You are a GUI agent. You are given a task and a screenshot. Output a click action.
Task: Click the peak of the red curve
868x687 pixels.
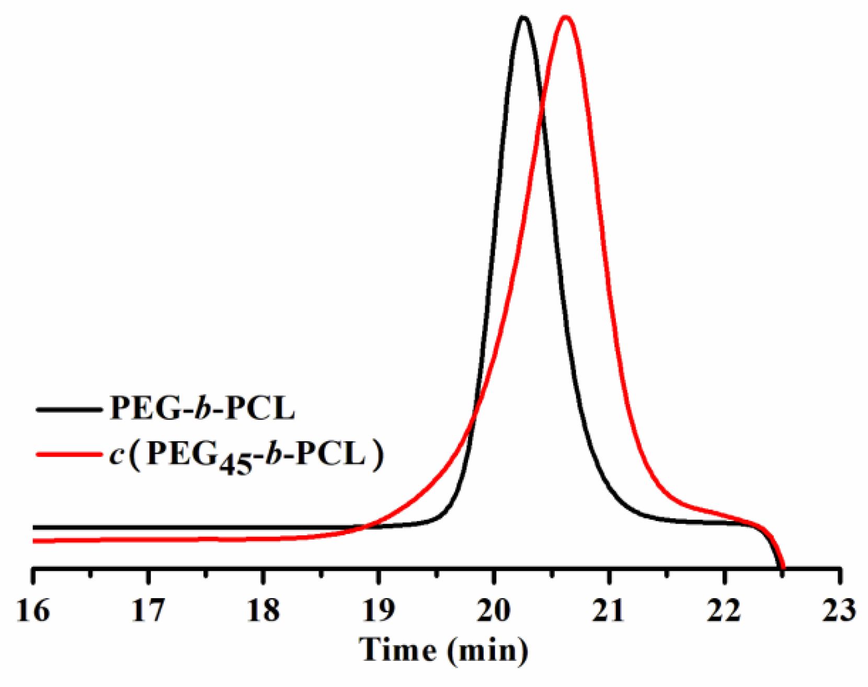click(x=565, y=17)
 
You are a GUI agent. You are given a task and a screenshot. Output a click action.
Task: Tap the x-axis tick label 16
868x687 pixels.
click(x=33, y=610)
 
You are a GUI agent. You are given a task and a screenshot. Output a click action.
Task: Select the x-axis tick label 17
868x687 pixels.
click(x=149, y=610)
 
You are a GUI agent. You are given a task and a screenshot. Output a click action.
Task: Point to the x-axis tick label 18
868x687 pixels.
click(x=264, y=610)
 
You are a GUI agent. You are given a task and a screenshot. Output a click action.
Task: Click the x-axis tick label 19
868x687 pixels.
click(x=379, y=610)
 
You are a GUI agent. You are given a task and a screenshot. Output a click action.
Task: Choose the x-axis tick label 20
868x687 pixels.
click(x=494, y=610)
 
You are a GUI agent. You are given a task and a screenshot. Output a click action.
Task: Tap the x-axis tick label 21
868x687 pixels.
click(x=609, y=610)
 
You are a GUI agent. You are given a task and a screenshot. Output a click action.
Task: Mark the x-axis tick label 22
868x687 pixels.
click(x=724, y=610)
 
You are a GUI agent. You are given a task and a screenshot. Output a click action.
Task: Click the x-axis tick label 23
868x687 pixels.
click(x=839, y=610)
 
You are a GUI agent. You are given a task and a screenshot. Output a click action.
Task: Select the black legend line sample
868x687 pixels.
click(x=68, y=409)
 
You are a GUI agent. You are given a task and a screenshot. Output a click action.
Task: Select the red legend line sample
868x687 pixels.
click(x=68, y=454)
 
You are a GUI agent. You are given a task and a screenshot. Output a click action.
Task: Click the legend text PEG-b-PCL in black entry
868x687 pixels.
click(x=202, y=408)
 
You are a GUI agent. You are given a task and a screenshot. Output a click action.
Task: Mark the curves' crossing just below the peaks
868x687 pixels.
click(x=542, y=107)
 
